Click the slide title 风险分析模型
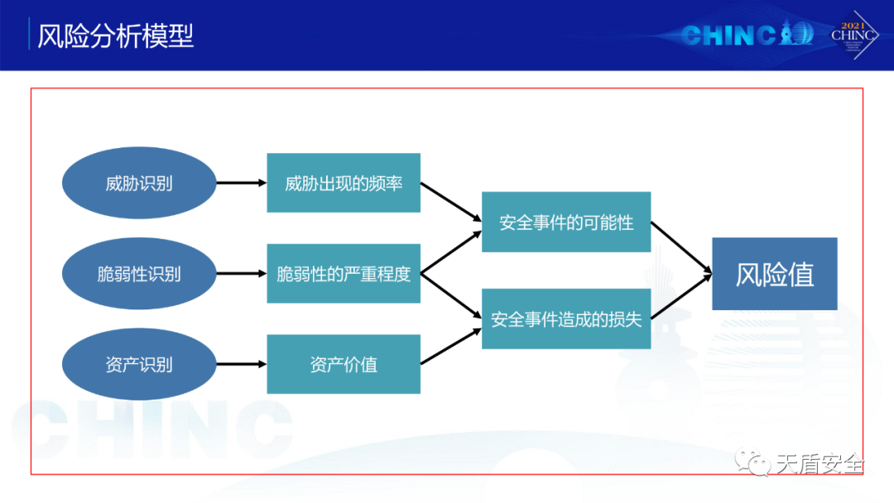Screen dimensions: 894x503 point(115,36)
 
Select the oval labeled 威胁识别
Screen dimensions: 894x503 point(139,183)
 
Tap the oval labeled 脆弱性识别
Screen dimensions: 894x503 point(139,274)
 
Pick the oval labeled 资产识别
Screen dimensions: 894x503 point(139,364)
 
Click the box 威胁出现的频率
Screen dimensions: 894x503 point(344,183)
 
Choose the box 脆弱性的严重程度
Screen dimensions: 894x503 point(344,274)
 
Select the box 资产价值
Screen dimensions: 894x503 point(344,364)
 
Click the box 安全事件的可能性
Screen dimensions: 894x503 point(566,222)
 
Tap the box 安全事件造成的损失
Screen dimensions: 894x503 point(566,319)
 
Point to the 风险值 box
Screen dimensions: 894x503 point(775,274)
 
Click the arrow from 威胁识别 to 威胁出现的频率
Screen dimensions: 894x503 point(241,183)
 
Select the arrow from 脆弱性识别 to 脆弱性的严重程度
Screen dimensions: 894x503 point(241,274)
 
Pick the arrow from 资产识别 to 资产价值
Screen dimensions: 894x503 point(241,364)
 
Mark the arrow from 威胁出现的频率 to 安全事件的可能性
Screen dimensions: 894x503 point(451,202)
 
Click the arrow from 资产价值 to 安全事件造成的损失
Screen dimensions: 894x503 point(451,346)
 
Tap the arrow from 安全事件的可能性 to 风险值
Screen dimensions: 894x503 point(681,247)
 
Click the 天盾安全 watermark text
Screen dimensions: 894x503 point(819,464)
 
